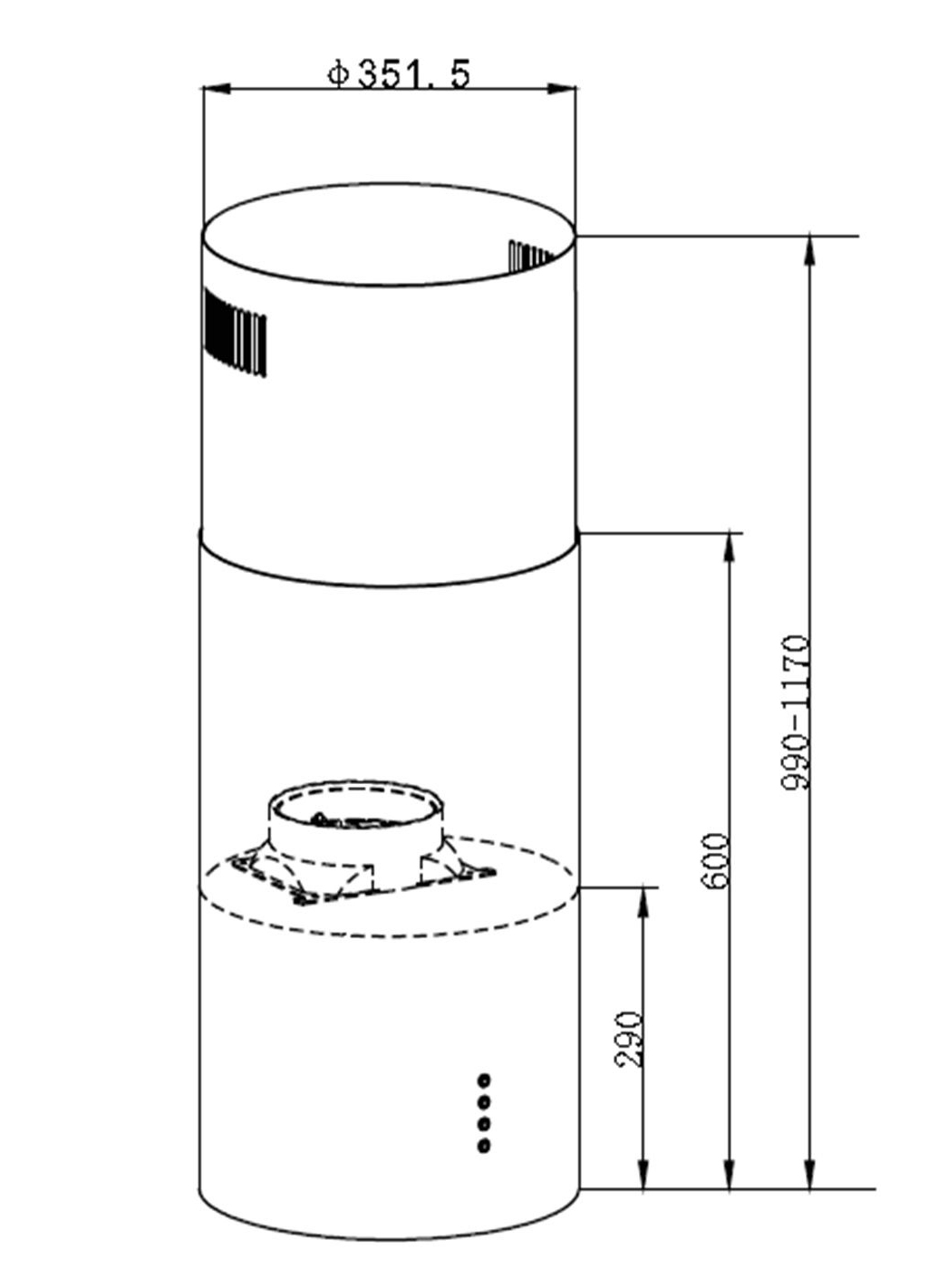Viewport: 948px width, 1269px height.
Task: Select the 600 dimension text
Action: click(716, 860)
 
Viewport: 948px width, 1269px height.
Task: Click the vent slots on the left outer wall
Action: click(236, 332)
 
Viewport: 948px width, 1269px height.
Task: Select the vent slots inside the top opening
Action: click(529, 255)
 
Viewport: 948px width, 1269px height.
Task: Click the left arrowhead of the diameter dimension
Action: click(217, 89)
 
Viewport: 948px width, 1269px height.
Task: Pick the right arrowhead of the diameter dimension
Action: click(562, 89)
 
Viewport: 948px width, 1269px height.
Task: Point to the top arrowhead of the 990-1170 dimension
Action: click(810, 250)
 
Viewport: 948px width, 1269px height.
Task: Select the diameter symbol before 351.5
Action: click(338, 74)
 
